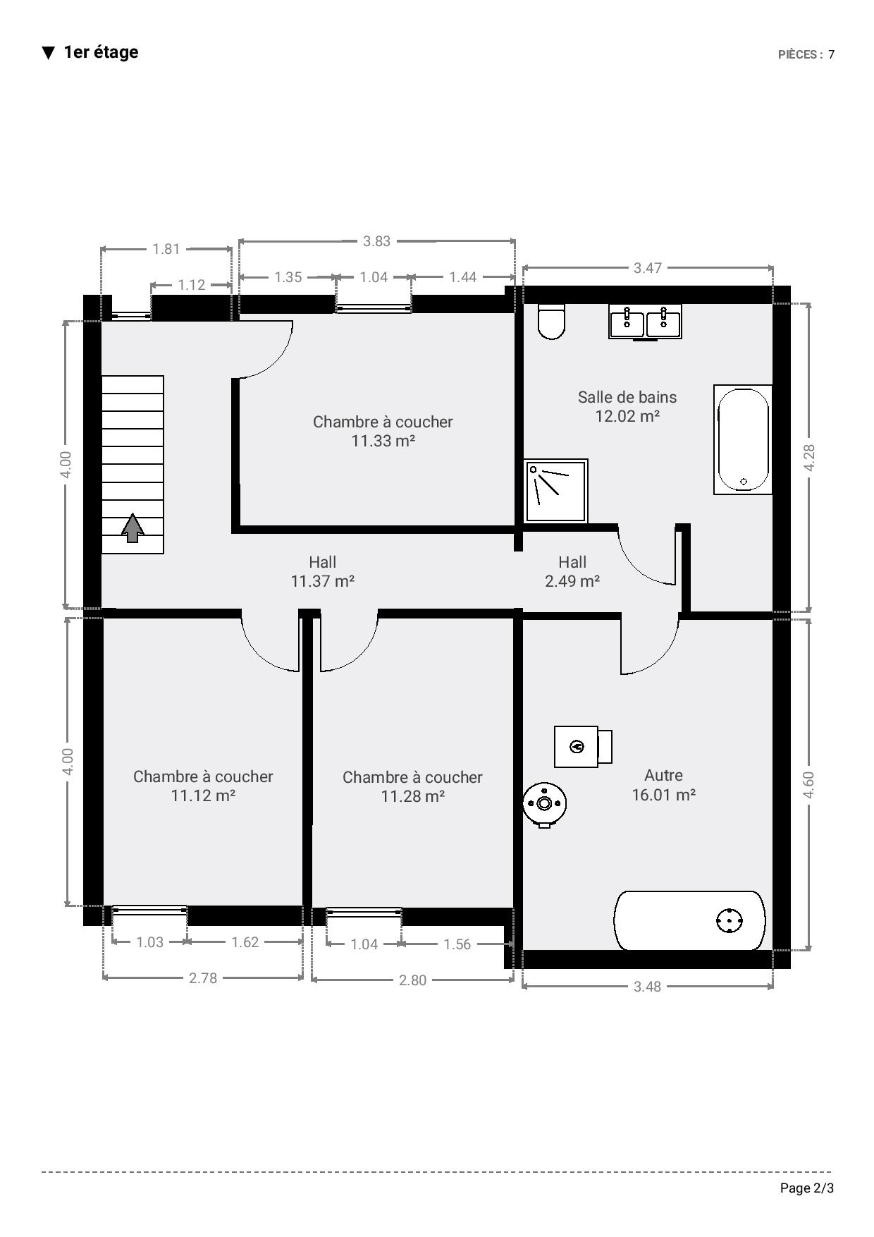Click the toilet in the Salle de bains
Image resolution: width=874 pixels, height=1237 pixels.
point(551,322)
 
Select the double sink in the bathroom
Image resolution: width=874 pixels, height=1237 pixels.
point(645,322)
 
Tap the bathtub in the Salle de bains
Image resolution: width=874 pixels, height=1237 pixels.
point(743,439)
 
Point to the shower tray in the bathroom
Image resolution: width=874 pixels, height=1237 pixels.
point(556,491)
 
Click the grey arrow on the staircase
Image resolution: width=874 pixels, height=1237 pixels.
point(133,528)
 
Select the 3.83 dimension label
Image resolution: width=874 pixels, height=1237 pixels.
point(376,241)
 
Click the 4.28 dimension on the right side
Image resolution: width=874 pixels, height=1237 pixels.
point(809,458)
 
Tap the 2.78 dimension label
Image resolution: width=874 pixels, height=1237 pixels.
point(203,977)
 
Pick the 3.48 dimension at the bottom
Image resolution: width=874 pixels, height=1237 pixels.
point(647,986)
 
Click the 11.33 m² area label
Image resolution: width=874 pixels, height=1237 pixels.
point(383,441)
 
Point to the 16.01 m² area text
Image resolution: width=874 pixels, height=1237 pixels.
point(664,795)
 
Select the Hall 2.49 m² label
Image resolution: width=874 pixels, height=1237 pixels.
point(572,571)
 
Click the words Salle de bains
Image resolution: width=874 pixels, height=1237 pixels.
point(627,397)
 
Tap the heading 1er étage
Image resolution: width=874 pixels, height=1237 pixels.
point(101,52)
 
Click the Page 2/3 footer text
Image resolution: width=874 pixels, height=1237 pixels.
point(807,1188)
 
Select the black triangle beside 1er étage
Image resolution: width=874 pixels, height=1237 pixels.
point(48,53)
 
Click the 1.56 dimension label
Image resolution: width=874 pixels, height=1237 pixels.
point(457,944)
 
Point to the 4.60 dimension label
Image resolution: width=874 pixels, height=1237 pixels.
point(808,785)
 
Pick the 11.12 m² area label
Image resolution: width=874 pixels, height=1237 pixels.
point(203,796)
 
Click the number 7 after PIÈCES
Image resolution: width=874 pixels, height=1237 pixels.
point(832,54)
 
